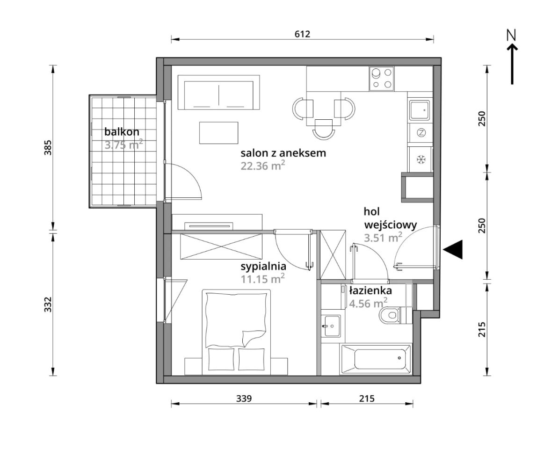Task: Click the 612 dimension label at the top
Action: tap(302, 34)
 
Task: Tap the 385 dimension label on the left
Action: tap(48, 147)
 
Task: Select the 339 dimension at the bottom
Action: tap(244, 398)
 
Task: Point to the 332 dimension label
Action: tap(48, 304)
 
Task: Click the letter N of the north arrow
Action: tap(511, 35)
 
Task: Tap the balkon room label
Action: tap(122, 132)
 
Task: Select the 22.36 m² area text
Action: tap(263, 166)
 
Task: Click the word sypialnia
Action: tap(263, 267)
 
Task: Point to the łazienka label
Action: tap(370, 290)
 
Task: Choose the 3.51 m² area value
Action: tap(383, 238)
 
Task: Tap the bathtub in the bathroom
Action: tap(377, 359)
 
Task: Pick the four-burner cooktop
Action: tap(381, 79)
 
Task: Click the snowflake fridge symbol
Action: tap(421, 159)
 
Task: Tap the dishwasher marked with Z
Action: tap(421, 132)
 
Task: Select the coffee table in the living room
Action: tap(218, 132)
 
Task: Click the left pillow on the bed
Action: tap(221, 359)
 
